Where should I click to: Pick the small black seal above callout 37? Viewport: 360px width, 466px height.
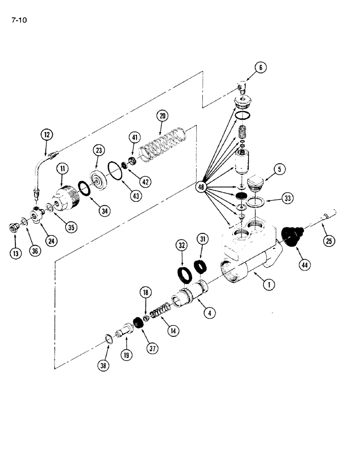click(x=138, y=322)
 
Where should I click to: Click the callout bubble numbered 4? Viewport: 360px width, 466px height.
click(x=209, y=313)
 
